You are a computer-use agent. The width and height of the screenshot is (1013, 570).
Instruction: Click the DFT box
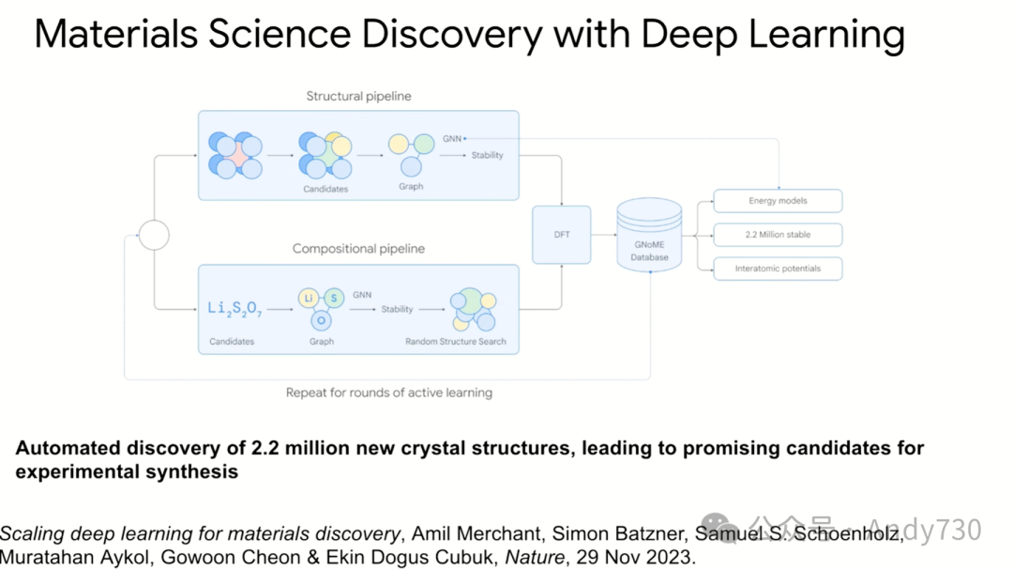[561, 235]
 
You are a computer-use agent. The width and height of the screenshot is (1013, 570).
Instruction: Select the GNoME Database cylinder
[649, 236]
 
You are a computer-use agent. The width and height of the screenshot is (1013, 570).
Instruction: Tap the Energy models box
[778, 201]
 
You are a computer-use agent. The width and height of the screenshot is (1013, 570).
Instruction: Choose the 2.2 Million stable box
[778, 235]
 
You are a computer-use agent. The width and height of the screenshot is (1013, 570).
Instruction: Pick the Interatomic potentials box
[778, 269]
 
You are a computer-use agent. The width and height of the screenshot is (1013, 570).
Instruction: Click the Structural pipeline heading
[358, 96]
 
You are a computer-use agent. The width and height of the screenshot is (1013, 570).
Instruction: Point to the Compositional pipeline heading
[358, 249]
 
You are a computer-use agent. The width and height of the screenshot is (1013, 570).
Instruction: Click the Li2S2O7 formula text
[234, 309]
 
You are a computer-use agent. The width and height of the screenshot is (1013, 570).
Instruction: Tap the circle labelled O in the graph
[321, 320]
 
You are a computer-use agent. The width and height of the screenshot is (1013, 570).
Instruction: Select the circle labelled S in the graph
[334, 298]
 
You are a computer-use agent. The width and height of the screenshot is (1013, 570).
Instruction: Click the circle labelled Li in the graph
[308, 299]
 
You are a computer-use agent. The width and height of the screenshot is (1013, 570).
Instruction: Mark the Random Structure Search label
[456, 342]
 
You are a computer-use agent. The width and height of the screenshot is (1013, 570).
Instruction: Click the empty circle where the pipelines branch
[154, 235]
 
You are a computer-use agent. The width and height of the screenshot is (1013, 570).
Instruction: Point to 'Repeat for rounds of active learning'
[389, 393]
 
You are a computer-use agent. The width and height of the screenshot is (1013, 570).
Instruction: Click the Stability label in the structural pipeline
[488, 155]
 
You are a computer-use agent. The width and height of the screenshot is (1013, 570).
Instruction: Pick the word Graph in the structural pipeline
[411, 186]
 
